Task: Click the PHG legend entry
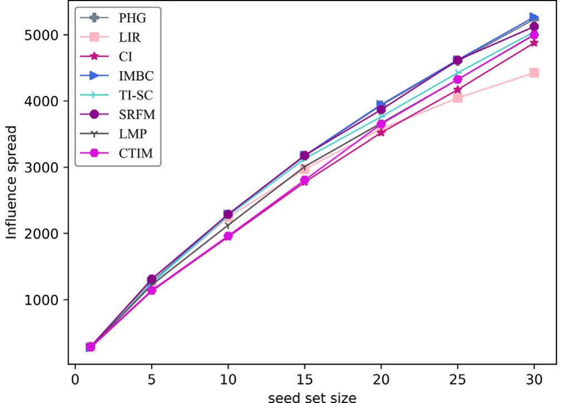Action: coord(132,18)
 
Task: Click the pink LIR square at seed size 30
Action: coord(534,73)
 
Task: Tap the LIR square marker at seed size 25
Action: coord(457,98)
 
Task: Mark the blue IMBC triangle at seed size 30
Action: coord(534,18)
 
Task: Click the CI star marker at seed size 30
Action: coord(534,43)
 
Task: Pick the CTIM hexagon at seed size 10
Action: coord(228,236)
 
